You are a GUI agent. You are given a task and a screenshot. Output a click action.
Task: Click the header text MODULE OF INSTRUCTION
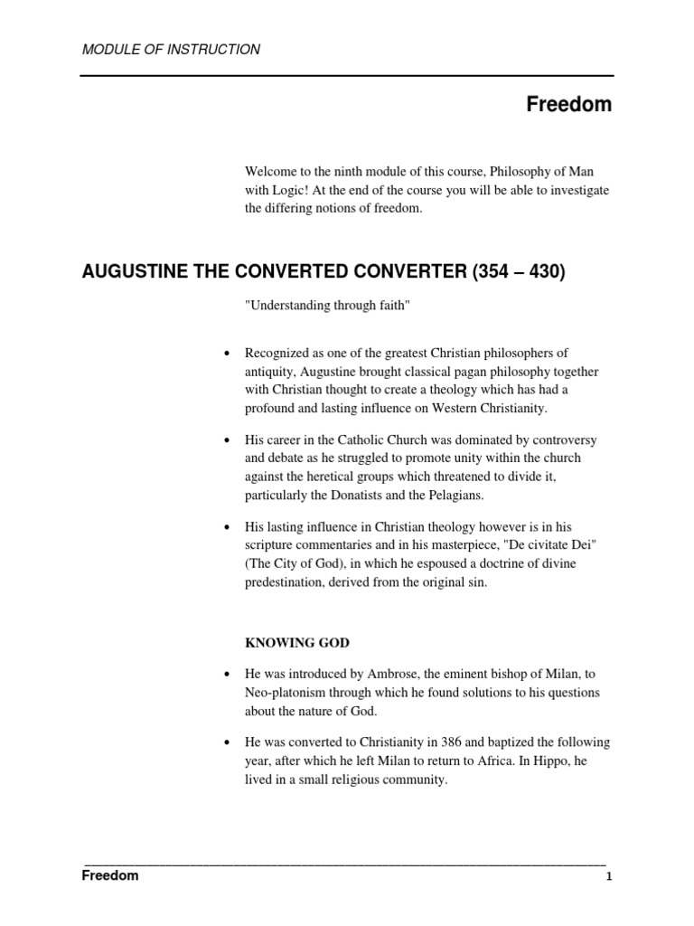(x=171, y=50)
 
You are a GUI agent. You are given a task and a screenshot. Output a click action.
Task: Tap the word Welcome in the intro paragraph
(x=271, y=172)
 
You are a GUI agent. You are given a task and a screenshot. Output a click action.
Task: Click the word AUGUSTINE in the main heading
(x=134, y=271)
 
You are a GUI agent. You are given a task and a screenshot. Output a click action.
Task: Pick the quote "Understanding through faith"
(x=328, y=307)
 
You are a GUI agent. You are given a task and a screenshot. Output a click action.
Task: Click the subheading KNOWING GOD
(x=297, y=643)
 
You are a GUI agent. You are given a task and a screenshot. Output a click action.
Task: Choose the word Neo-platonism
(x=286, y=693)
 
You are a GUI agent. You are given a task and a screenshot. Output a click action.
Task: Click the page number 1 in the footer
(x=609, y=877)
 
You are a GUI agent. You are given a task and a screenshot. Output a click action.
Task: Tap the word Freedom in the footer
(x=110, y=876)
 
